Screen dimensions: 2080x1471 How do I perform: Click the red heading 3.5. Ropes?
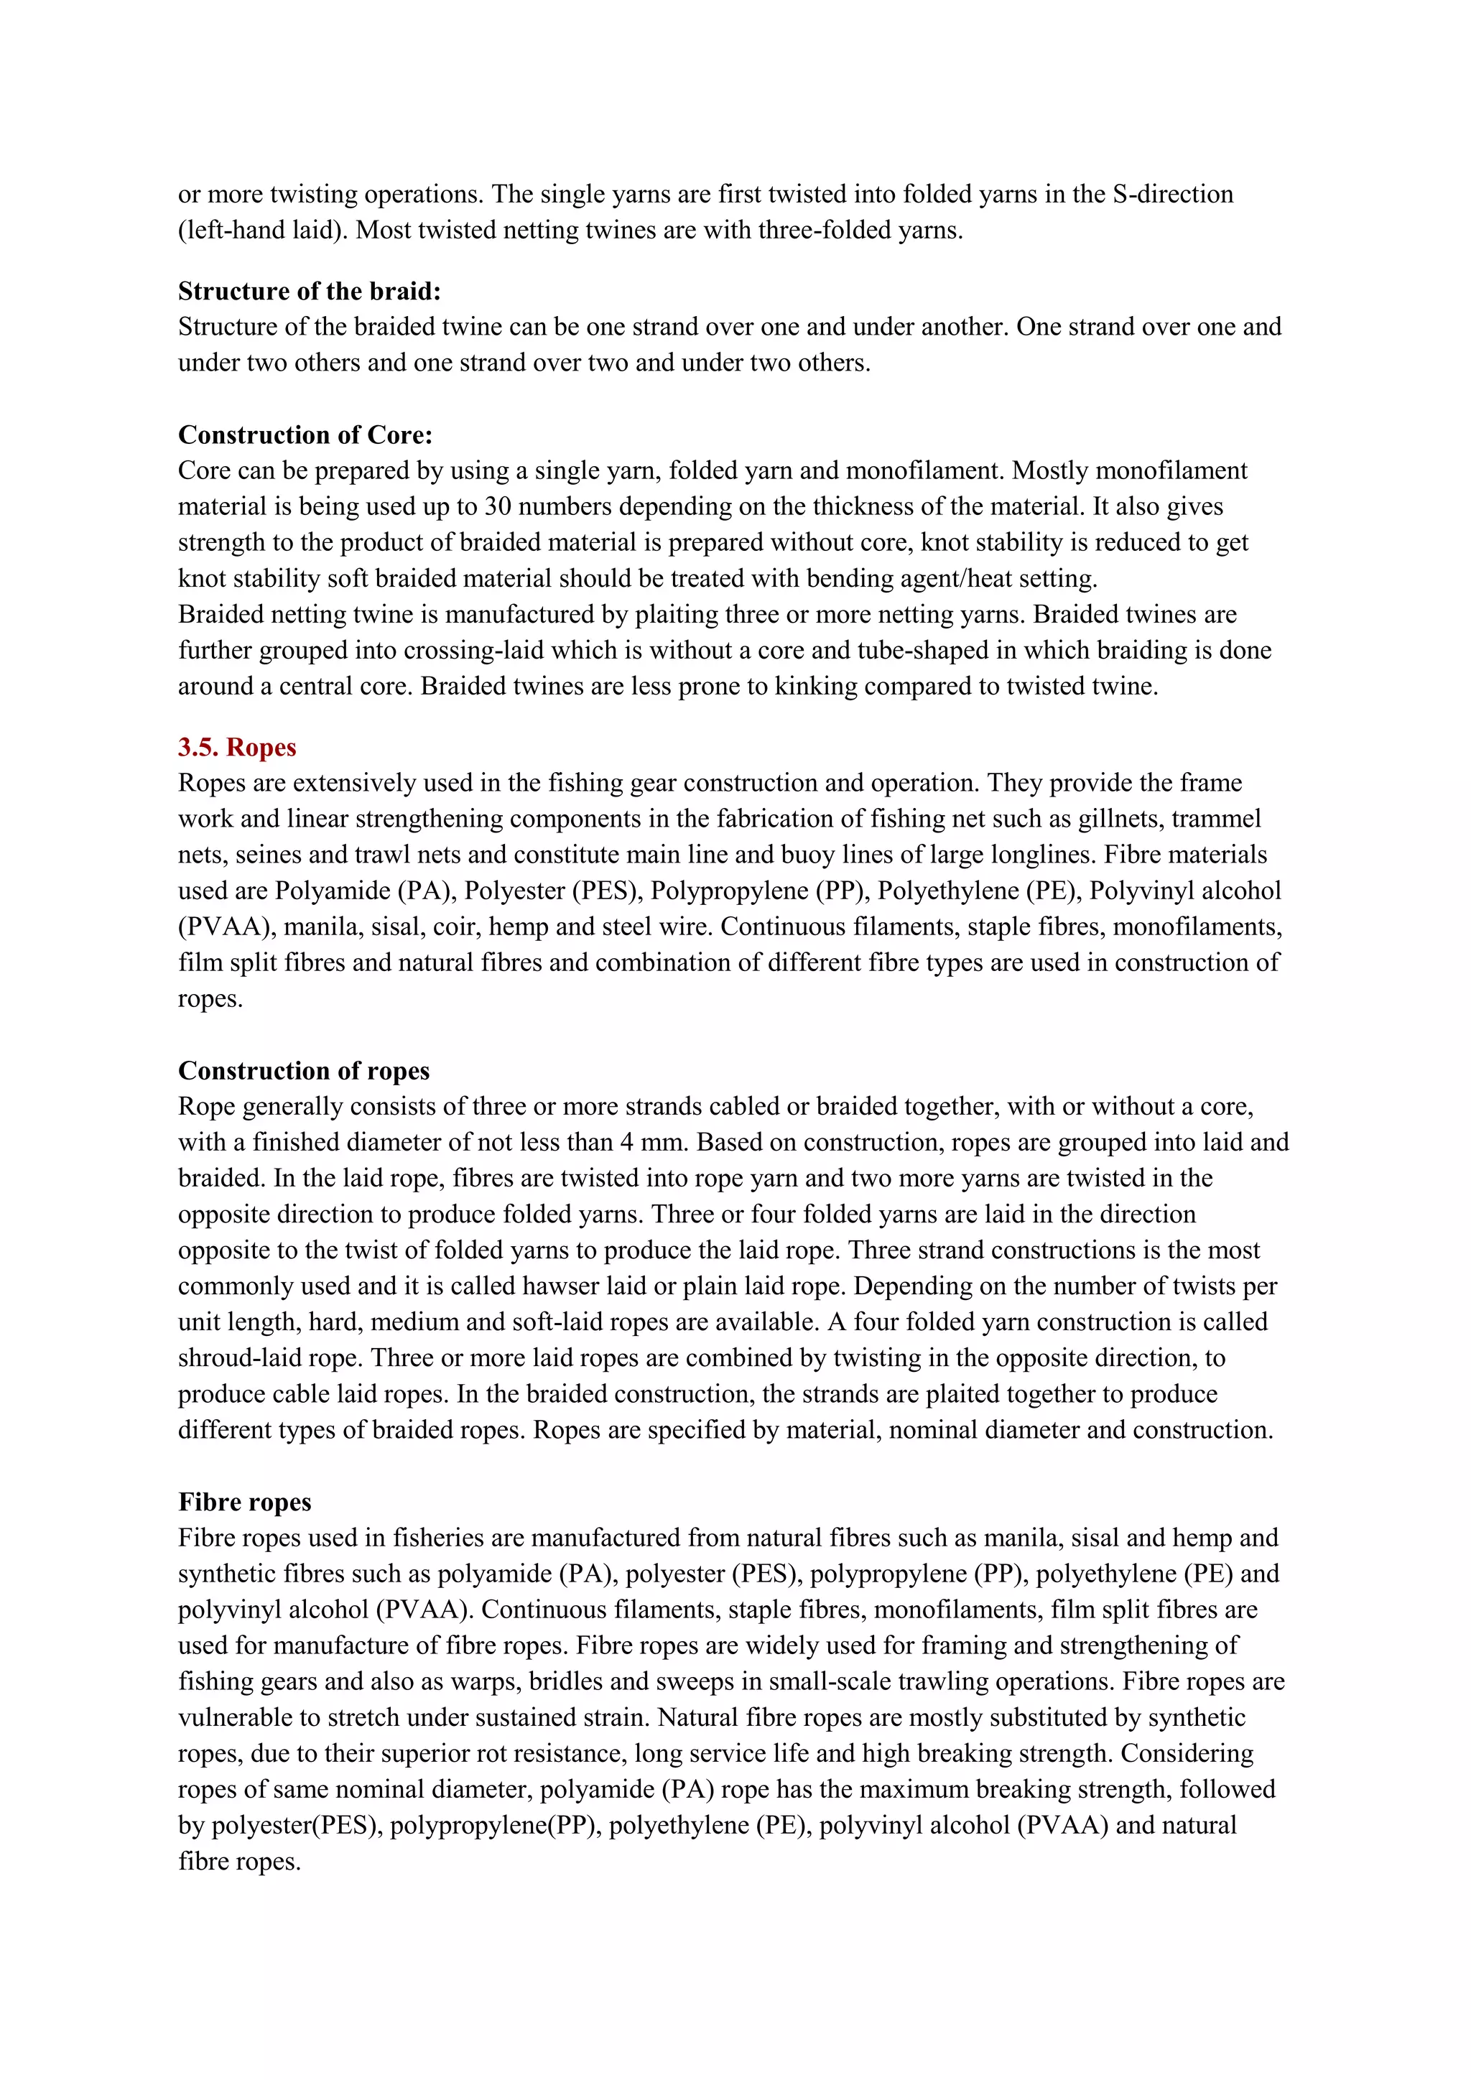tap(237, 748)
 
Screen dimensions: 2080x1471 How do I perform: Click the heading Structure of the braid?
tap(310, 291)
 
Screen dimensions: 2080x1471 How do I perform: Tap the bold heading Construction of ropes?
tap(303, 1071)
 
